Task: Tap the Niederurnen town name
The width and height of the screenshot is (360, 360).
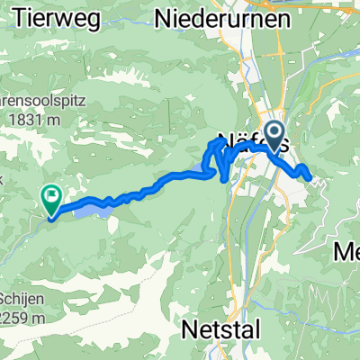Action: click(x=222, y=17)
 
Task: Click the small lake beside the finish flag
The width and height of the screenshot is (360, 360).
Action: click(x=90, y=209)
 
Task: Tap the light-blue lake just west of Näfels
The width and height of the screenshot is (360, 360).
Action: click(x=198, y=170)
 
